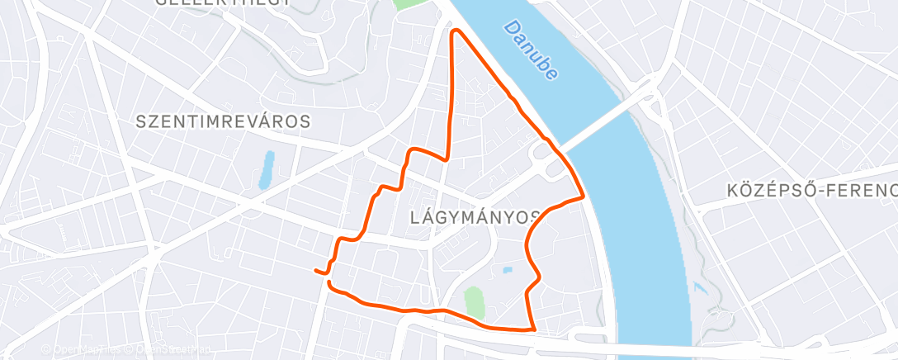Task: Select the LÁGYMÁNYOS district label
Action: pyautogui.click(x=475, y=217)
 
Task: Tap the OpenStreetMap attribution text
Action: pyautogui.click(x=164, y=350)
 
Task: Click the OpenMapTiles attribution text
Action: pyautogui.click(x=83, y=350)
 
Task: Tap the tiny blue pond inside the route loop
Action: pyautogui.click(x=508, y=269)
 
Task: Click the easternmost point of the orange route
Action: pyautogui.click(x=584, y=197)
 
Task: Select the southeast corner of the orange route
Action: pyautogui.click(x=533, y=329)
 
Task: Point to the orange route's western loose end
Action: pyautogui.click(x=316, y=270)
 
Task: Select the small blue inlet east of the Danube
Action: pyautogui.click(x=701, y=288)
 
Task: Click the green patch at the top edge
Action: pyautogui.click(x=406, y=3)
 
